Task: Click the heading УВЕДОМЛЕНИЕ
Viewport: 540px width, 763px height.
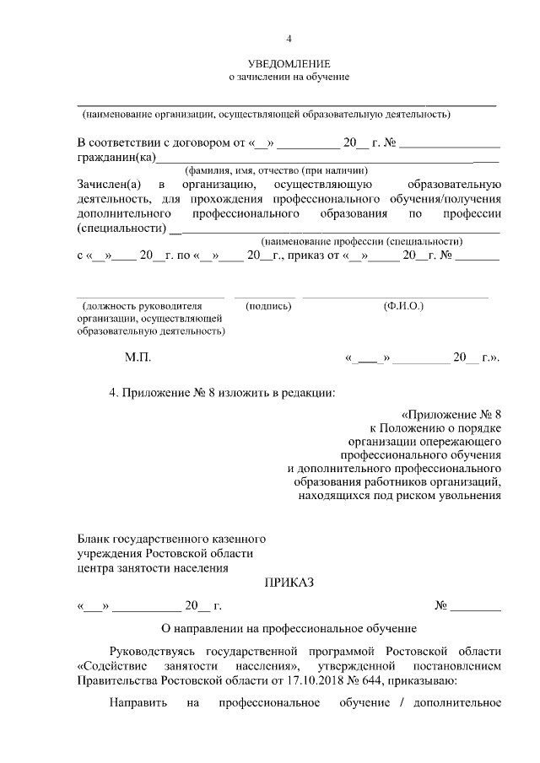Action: pyautogui.click(x=289, y=64)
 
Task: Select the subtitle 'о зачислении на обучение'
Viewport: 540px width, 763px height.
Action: pyautogui.click(x=289, y=78)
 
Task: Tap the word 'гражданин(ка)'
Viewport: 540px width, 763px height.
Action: pyautogui.click(x=116, y=157)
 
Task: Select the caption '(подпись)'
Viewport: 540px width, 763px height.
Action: pyautogui.click(x=267, y=306)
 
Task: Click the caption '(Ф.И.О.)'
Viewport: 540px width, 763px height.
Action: pyautogui.click(x=403, y=306)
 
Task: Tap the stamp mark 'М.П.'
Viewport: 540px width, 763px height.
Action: pyautogui.click(x=137, y=358)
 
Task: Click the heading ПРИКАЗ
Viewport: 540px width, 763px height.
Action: pyautogui.click(x=289, y=583)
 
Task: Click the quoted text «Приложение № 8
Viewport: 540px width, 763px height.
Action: pyautogui.click(x=452, y=414)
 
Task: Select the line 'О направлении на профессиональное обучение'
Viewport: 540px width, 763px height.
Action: pyautogui.click(x=289, y=628)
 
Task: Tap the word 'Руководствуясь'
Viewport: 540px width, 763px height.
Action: pyautogui.click(x=157, y=652)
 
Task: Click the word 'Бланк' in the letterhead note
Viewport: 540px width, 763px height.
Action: pyautogui.click(x=94, y=538)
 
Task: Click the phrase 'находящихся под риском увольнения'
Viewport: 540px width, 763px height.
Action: pyautogui.click(x=401, y=495)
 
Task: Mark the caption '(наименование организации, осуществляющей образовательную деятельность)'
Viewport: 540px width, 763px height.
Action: pyautogui.click(x=265, y=113)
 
